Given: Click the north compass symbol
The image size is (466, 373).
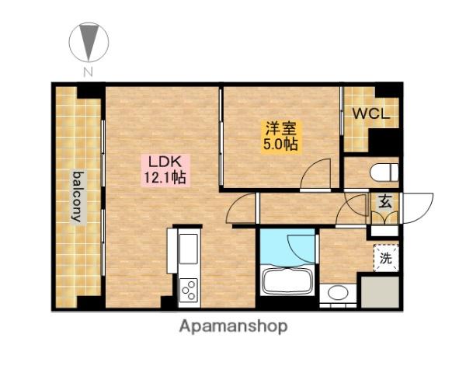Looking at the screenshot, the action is click(89, 42).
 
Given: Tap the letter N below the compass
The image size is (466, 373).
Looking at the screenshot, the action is click(88, 72).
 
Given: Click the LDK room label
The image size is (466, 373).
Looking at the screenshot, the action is click(165, 162).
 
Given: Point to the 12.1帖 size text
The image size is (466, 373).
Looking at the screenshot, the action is click(165, 178).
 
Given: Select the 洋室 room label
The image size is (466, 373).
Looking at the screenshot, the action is click(280, 129).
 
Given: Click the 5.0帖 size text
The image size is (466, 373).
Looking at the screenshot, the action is click(280, 145).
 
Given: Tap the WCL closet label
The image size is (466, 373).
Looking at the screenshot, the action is click(371, 113).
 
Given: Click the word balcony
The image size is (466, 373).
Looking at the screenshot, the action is click(78, 197).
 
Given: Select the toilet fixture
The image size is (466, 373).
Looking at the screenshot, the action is click(384, 173).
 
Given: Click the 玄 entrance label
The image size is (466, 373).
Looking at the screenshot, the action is click(385, 203).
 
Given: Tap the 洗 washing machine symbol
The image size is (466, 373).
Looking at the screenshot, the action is click(386, 257).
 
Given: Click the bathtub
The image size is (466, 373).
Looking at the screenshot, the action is click(287, 279).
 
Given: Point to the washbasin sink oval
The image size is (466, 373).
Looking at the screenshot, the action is click(338, 293).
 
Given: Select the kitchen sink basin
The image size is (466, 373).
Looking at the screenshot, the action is click(188, 249).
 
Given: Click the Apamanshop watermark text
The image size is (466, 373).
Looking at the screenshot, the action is click(233, 326).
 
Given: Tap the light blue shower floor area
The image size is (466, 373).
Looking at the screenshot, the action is click(287, 246).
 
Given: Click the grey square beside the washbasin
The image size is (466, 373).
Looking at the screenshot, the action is click(380, 292).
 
